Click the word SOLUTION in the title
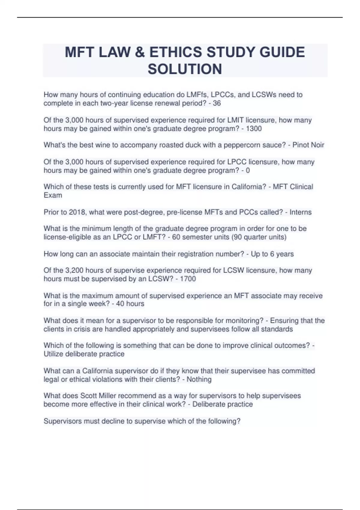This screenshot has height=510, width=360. [x=185, y=69]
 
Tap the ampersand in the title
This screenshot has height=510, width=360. [x=139, y=52]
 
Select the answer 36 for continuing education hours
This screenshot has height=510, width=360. [x=217, y=103]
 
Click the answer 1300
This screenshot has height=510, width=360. [x=254, y=129]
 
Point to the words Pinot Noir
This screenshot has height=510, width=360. [x=308, y=145]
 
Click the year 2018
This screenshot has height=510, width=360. [x=77, y=212]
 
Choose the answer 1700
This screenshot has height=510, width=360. [x=188, y=279]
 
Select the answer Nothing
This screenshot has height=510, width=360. [x=199, y=379]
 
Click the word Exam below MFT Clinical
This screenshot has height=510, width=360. [x=53, y=195]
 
